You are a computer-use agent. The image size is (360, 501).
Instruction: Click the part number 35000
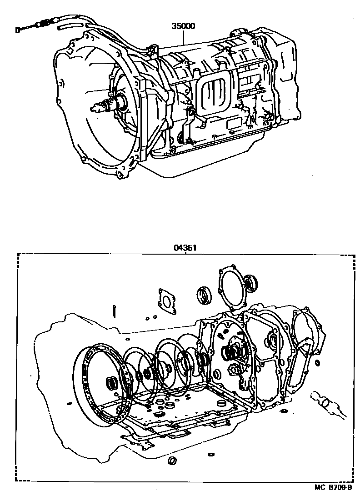[x=183, y=26]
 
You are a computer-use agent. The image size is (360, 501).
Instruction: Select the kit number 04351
[x=185, y=248]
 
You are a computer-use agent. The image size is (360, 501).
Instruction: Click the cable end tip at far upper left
[x=17, y=30]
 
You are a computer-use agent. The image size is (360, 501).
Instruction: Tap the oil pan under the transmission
[x=205, y=153]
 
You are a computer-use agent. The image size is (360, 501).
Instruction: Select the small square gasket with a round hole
[x=167, y=301]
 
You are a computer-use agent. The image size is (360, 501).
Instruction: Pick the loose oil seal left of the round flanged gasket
[x=203, y=295]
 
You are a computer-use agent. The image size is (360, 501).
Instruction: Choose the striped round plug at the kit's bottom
[x=172, y=461]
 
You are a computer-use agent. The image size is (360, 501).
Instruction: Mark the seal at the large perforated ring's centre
[x=112, y=382]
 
